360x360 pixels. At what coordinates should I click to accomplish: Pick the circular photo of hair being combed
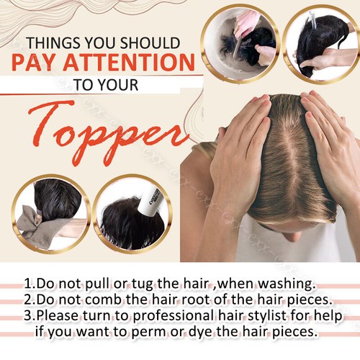[x=321, y=41]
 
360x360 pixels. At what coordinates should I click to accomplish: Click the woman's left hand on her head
[x=328, y=137]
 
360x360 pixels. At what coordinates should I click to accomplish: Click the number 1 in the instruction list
[x=27, y=283]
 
